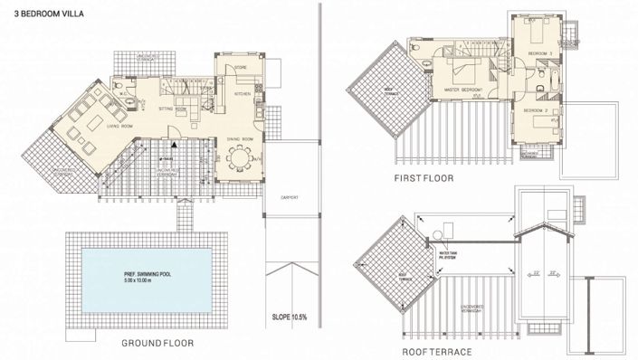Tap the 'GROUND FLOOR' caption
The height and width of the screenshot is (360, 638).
tap(157, 344)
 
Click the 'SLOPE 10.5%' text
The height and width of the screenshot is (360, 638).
tap(290, 317)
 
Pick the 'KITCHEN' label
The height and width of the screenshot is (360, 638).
tap(243, 94)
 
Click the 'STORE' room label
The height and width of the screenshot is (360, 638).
tap(241, 67)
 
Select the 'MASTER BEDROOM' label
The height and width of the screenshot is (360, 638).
tap(462, 90)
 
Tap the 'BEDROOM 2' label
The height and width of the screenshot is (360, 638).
tap(538, 110)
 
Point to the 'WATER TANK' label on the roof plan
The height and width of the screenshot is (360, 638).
tap(447, 253)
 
